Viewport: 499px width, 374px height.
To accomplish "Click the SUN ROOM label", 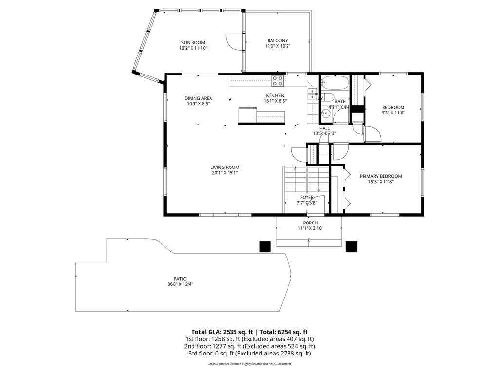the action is click(193, 43).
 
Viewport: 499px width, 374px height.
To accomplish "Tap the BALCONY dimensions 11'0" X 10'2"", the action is click(277, 46).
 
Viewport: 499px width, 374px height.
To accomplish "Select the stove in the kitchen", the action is click(277, 81).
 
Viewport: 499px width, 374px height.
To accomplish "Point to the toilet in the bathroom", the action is click(327, 97).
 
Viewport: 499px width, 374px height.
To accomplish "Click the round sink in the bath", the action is click(325, 113).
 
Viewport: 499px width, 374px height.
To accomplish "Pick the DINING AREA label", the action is click(198, 98).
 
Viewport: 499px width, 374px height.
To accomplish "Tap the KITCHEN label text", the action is click(275, 95).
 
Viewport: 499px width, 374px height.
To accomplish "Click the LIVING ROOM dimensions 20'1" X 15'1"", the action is click(225, 173).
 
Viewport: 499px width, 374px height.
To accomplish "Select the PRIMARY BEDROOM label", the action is click(381, 176).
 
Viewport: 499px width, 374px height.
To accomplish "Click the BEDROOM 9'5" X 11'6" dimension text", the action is click(393, 112).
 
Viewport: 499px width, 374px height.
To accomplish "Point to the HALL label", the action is click(325, 128).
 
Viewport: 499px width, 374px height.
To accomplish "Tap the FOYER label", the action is click(307, 198).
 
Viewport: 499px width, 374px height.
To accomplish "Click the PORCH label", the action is click(310, 223).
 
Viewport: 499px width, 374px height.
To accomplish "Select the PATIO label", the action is click(180, 279).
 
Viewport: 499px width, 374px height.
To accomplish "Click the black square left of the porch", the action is click(265, 246).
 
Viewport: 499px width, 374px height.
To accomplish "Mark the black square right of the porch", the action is click(351, 246).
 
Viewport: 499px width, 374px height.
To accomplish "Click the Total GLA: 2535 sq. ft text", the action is click(222, 332).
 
